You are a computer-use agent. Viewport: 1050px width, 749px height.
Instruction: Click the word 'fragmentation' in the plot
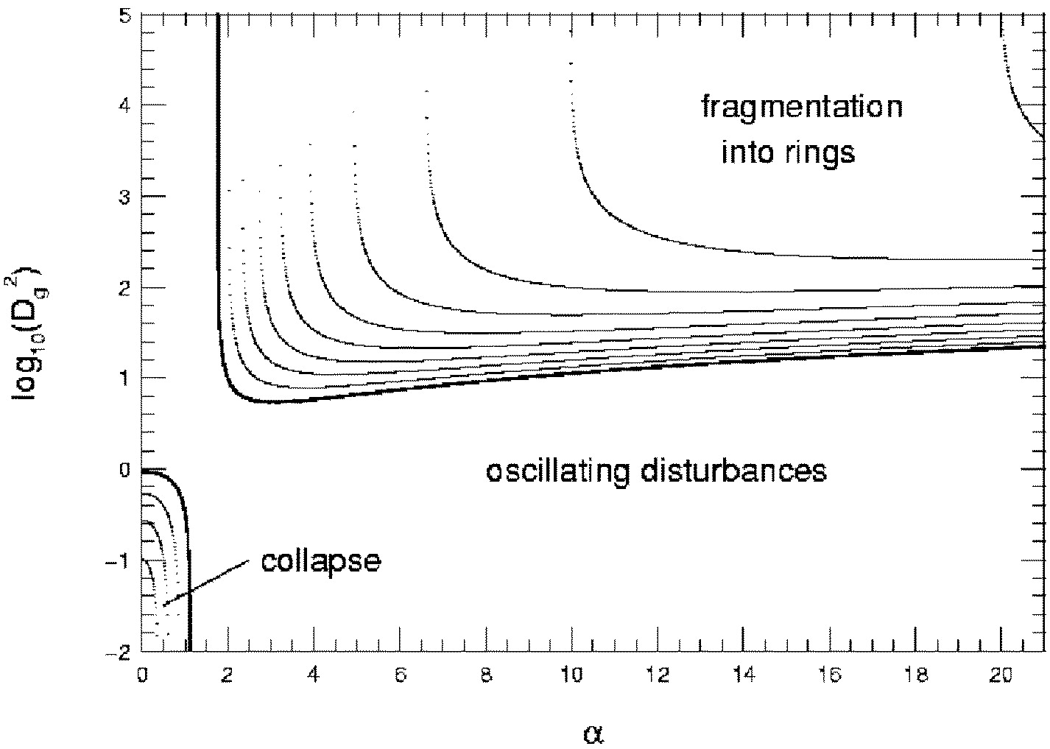(x=802, y=108)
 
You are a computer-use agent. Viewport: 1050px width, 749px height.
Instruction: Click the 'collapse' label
(x=320, y=560)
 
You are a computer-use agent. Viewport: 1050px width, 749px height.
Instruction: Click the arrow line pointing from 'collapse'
(x=205, y=583)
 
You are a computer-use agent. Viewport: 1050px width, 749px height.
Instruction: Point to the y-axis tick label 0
(x=125, y=470)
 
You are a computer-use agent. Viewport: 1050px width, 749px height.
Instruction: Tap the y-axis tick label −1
(x=119, y=560)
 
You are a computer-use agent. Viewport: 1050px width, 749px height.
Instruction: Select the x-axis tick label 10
(x=572, y=675)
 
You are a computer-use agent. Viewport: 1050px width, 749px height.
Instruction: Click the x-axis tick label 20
(x=1001, y=675)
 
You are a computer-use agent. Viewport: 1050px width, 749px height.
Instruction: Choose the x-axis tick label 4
(x=314, y=675)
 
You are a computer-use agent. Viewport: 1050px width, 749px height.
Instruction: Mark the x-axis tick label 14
(x=744, y=675)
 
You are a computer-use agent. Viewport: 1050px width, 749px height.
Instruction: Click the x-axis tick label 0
(x=143, y=675)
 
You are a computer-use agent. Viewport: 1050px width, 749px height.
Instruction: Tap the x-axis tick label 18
(x=915, y=675)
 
